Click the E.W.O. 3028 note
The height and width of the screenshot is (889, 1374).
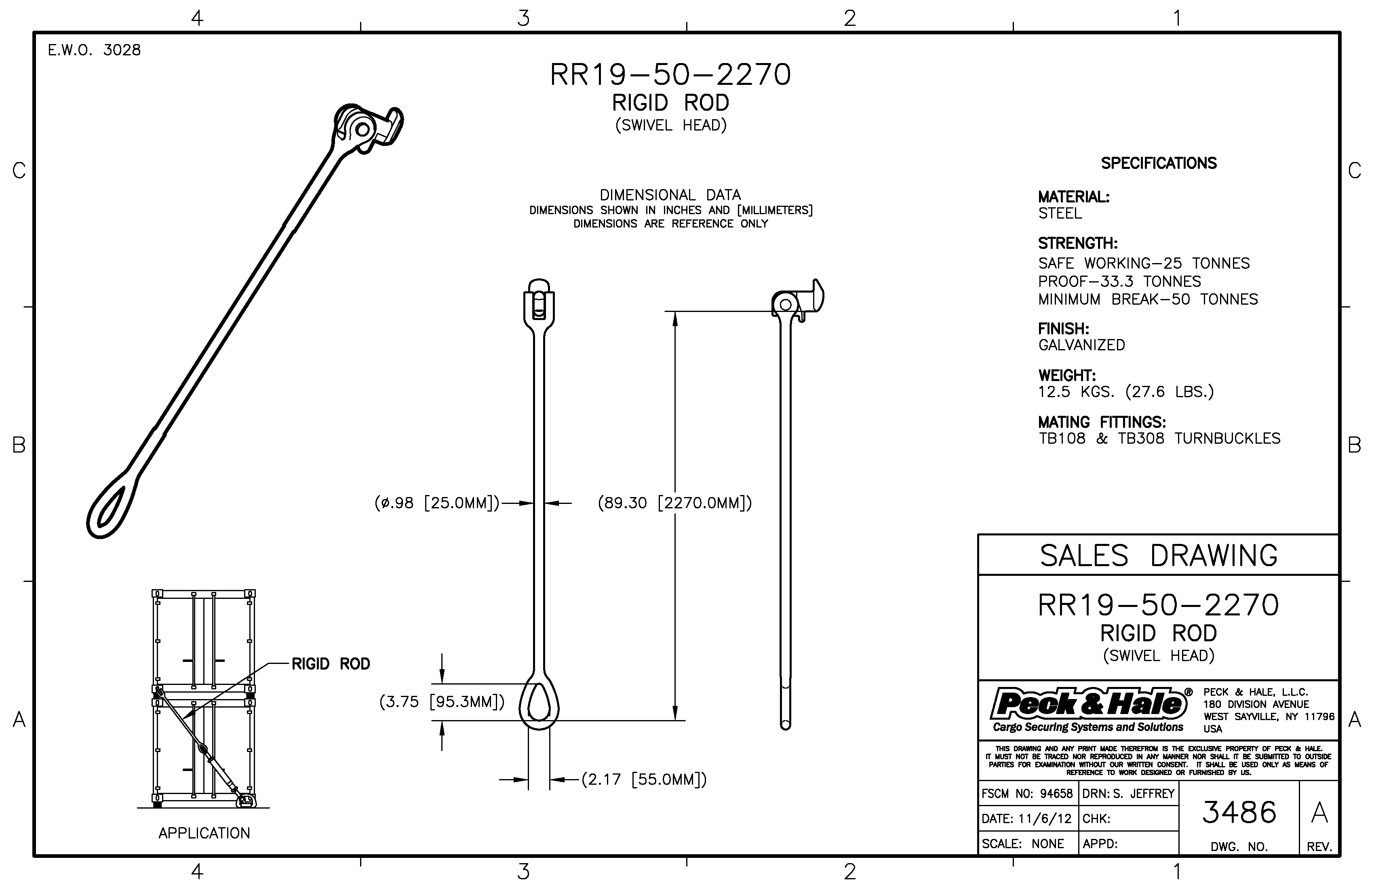coord(94,50)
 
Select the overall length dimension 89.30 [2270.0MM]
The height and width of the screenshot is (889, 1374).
coord(675,503)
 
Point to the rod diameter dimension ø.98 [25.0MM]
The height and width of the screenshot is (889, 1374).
coord(436,503)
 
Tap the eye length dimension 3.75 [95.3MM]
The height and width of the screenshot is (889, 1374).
coord(442,702)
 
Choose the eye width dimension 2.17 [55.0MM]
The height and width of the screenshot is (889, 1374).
coord(644,780)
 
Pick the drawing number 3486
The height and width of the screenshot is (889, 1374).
coord(1239,812)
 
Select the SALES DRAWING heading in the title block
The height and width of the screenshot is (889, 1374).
coord(1159,555)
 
